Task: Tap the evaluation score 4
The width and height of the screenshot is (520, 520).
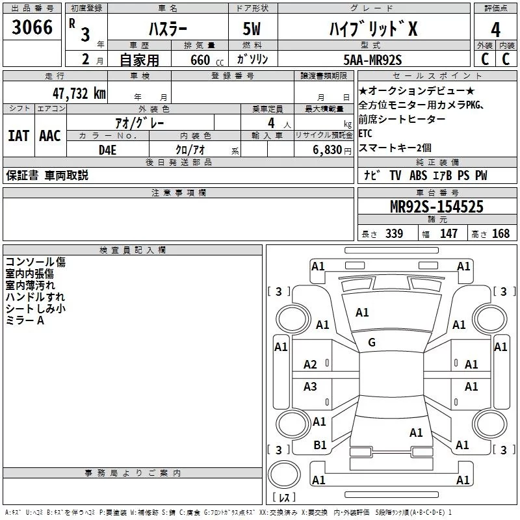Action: [495, 30]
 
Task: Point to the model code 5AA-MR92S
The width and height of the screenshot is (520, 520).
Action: [372, 60]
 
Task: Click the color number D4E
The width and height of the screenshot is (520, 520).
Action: [108, 149]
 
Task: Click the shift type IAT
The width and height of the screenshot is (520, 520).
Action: [19, 136]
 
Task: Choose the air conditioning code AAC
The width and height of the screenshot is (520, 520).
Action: [50, 136]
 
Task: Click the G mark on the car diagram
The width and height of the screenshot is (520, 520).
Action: [372, 343]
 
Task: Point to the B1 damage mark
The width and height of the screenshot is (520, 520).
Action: [320, 445]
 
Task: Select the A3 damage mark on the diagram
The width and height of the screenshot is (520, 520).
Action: [311, 387]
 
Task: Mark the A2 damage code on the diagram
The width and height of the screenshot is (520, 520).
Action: [311, 365]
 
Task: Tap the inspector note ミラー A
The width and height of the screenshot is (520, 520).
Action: [25, 321]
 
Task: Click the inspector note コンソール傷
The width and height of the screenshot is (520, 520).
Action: [36, 262]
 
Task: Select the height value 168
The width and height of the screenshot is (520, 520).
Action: [501, 234]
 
